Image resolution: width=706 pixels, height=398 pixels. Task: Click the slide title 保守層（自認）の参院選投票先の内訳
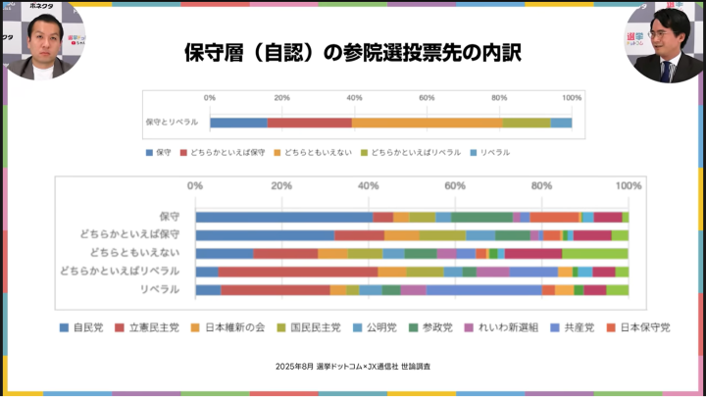tap(352, 52)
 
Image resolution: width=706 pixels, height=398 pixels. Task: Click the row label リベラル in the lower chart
tap(160, 289)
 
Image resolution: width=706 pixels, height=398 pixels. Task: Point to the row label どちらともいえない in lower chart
tap(136, 253)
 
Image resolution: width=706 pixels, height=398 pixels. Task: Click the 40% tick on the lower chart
tap(369, 186)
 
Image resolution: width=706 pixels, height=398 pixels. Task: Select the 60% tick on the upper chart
tap(427, 98)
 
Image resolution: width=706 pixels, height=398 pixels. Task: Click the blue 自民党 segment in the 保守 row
tap(284, 217)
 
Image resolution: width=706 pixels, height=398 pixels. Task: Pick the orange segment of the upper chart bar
tap(427, 123)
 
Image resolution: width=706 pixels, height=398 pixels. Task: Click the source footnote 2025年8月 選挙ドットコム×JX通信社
tap(353, 366)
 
